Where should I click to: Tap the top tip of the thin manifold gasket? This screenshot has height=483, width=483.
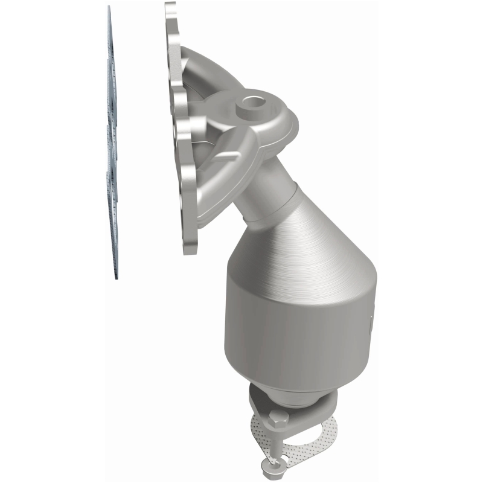[x=109, y=8]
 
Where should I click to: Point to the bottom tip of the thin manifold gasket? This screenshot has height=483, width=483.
[x=117, y=278]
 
